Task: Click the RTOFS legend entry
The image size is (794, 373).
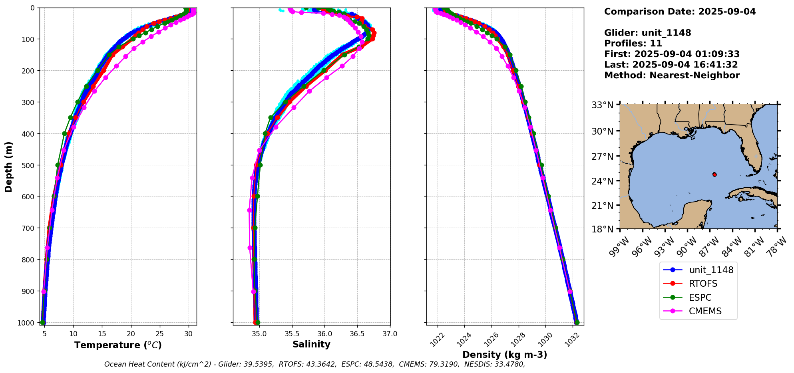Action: click(x=702, y=284)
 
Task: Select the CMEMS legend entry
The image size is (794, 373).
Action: click(x=705, y=311)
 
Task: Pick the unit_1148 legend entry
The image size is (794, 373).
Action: click(x=711, y=270)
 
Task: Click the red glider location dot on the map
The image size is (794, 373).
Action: click(x=714, y=175)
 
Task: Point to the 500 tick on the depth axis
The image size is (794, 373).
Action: click(x=28, y=165)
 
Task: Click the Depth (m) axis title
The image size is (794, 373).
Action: click(x=9, y=167)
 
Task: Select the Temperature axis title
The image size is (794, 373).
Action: click(x=118, y=345)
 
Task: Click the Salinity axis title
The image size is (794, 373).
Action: click(x=311, y=345)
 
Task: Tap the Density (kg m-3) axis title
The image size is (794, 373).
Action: click(x=505, y=355)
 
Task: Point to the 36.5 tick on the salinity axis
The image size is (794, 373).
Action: click(x=357, y=334)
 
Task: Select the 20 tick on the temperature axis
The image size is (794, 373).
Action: click(x=131, y=334)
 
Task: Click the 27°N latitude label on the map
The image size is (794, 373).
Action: click(x=603, y=157)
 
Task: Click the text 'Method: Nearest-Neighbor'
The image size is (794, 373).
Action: click(x=672, y=75)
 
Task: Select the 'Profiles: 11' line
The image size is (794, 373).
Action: click(x=633, y=44)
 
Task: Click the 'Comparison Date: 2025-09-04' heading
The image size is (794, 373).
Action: click(x=680, y=12)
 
